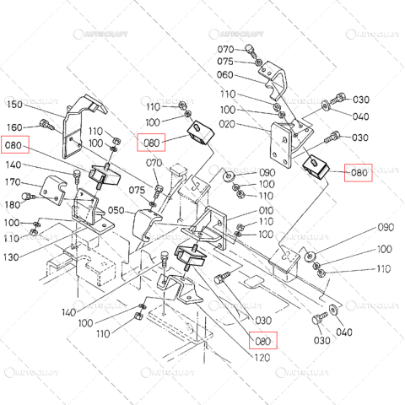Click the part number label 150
coord(13,105)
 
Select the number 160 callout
coord(13,127)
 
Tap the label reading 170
coord(13,181)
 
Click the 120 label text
coord(262,358)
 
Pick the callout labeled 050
coord(116,210)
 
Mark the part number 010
coord(266,210)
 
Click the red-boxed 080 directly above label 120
coord(263,342)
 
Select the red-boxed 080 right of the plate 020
coord(359,173)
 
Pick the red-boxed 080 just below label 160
coord(15,144)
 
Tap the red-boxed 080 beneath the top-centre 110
coord(152,142)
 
